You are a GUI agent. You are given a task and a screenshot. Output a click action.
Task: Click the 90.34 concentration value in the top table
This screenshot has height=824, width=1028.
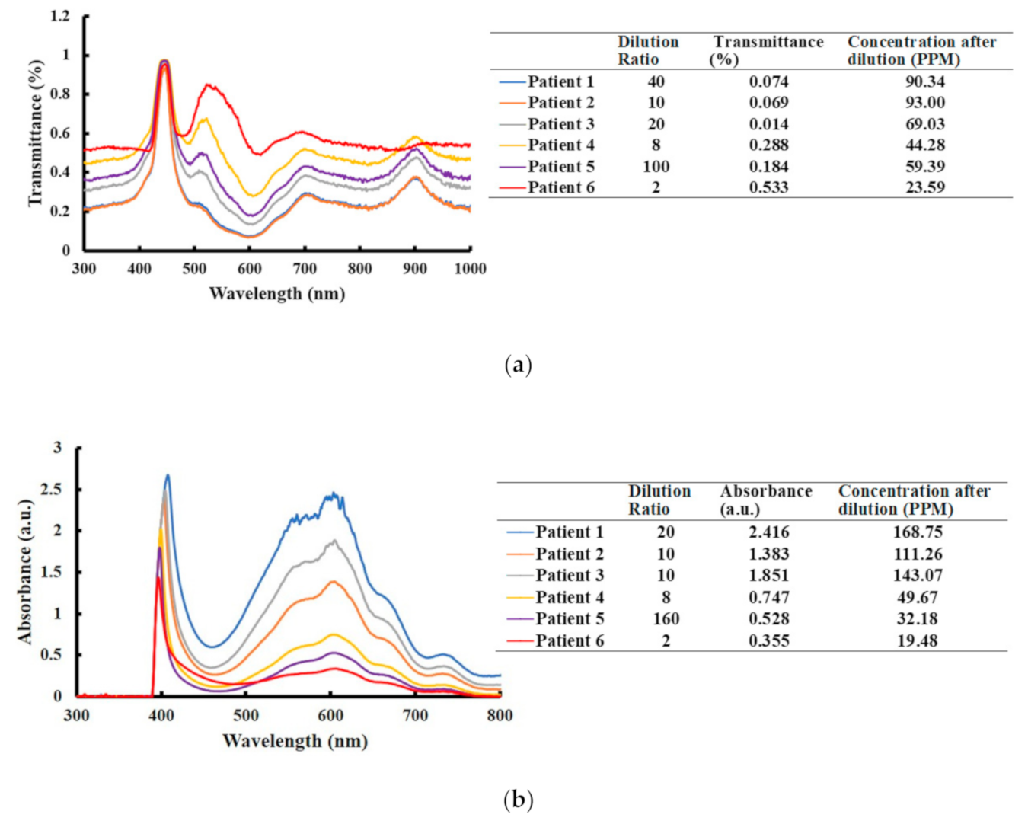click(x=924, y=81)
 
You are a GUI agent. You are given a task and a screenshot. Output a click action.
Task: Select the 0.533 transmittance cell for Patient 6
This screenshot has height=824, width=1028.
click(x=768, y=187)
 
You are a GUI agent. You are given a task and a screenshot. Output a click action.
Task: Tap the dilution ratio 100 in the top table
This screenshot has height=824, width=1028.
click(x=656, y=166)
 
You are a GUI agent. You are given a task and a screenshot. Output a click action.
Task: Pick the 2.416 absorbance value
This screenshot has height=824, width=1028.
click(x=768, y=532)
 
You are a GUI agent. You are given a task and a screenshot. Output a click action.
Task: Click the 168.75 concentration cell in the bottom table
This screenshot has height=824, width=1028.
click(x=917, y=532)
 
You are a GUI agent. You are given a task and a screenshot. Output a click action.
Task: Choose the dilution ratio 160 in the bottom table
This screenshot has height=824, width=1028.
click(x=666, y=618)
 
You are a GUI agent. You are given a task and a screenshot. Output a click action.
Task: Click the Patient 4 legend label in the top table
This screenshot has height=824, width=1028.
click(x=561, y=145)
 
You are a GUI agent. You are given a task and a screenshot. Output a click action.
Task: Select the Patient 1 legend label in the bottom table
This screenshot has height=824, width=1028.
click(x=569, y=532)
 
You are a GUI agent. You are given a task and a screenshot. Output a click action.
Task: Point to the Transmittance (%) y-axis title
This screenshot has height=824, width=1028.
click(x=35, y=133)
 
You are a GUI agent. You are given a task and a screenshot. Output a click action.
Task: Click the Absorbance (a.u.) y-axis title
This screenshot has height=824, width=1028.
click(x=27, y=571)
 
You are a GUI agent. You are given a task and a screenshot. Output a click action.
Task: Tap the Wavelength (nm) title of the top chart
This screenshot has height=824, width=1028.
click(x=276, y=293)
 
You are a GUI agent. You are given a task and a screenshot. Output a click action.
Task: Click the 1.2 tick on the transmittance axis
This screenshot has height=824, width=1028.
click(x=59, y=16)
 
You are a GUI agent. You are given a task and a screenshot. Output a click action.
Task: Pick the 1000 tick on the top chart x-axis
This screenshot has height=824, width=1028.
click(x=470, y=268)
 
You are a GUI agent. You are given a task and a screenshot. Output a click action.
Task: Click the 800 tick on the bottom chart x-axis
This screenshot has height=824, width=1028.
click(x=500, y=715)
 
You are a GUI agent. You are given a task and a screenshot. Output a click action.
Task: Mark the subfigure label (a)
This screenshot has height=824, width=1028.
click(x=518, y=365)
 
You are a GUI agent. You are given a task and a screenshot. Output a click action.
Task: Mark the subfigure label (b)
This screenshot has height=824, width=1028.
click(x=518, y=800)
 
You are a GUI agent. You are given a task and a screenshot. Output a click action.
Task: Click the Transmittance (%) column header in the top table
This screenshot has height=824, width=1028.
click(x=768, y=50)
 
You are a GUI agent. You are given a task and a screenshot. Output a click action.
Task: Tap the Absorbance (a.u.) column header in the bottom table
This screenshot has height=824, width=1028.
click(x=765, y=500)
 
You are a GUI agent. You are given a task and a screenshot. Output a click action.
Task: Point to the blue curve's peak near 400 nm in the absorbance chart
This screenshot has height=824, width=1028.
click(x=168, y=475)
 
